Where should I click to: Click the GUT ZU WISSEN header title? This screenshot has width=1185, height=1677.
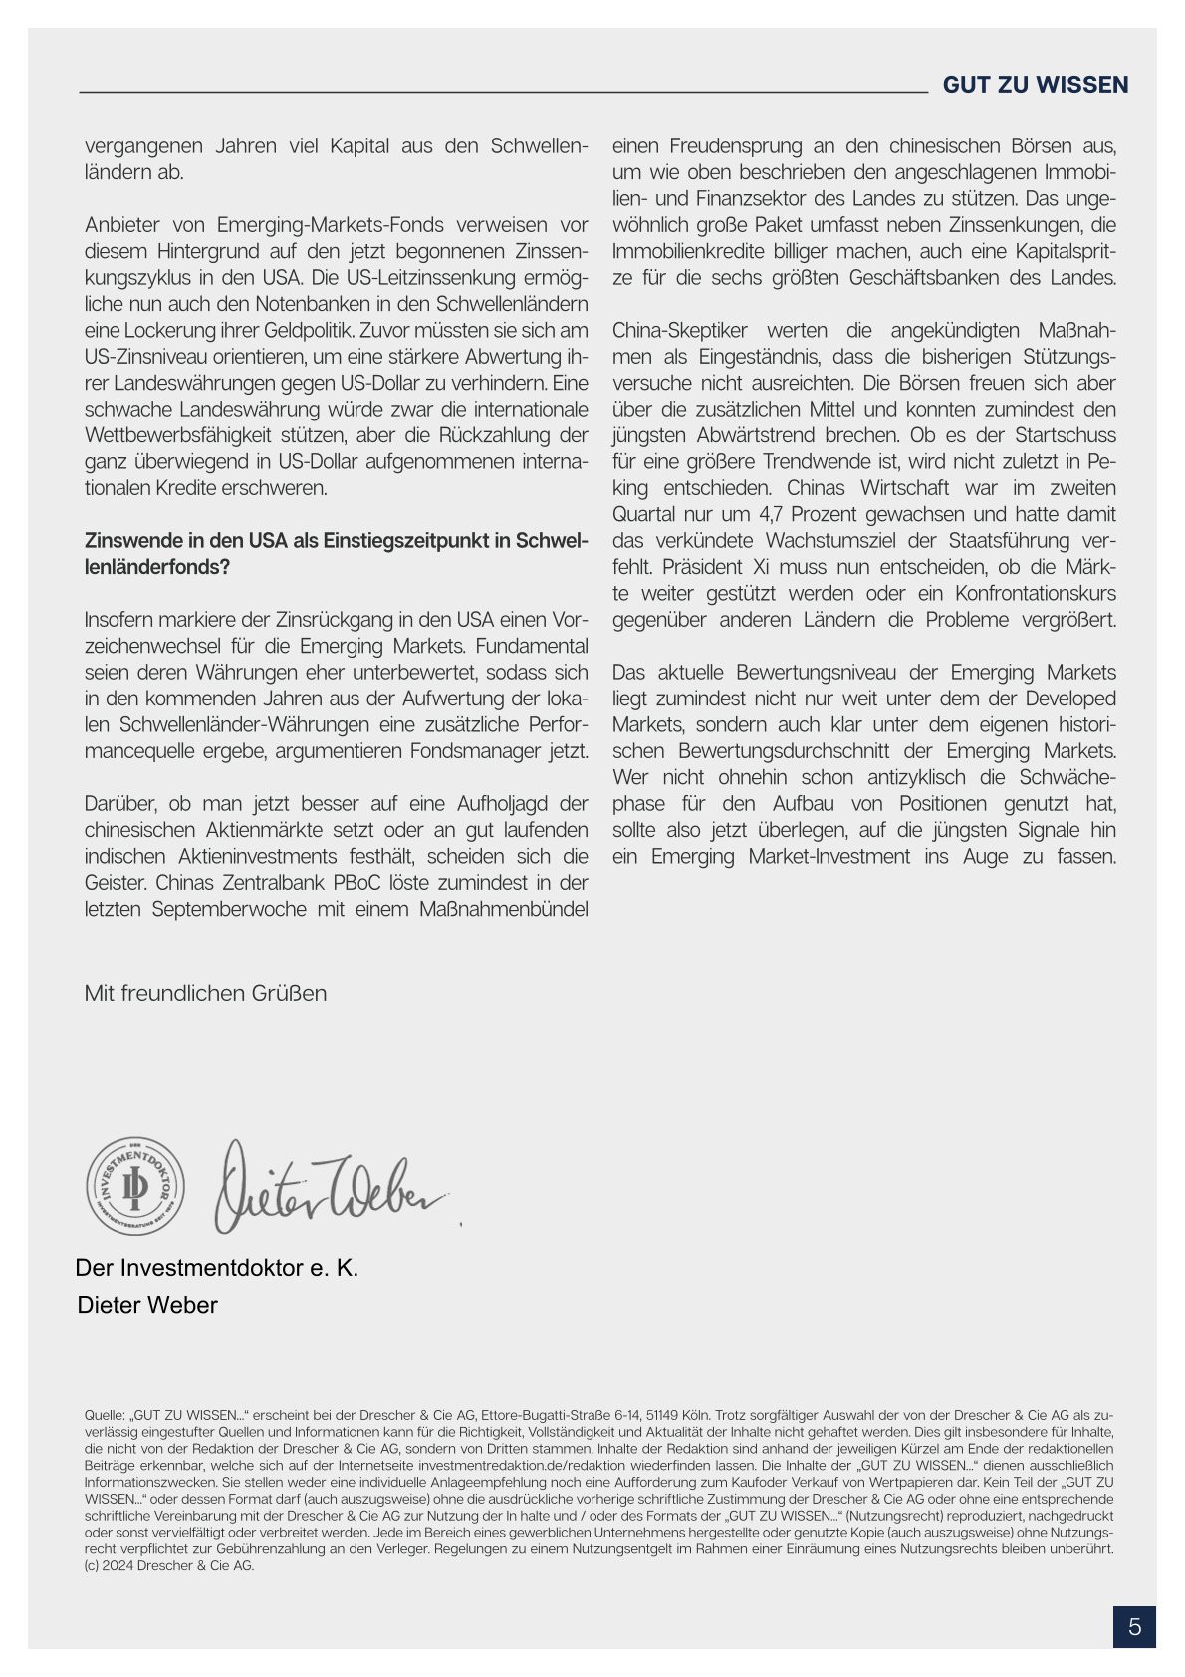click(1036, 85)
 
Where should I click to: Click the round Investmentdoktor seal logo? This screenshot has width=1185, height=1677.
click(134, 1185)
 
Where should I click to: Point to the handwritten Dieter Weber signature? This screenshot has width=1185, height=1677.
click(329, 1186)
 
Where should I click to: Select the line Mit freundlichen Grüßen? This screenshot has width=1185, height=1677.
click(205, 993)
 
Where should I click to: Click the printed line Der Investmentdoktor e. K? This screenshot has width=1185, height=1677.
click(217, 1268)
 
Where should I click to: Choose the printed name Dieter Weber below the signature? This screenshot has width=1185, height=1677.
click(147, 1305)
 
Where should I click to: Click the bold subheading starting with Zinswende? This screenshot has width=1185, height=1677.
click(337, 553)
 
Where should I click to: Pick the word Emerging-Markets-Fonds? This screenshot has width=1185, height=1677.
click(329, 224)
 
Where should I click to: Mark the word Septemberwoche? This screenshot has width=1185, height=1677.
click(228, 909)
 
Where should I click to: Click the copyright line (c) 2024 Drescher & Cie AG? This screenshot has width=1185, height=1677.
click(169, 1565)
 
